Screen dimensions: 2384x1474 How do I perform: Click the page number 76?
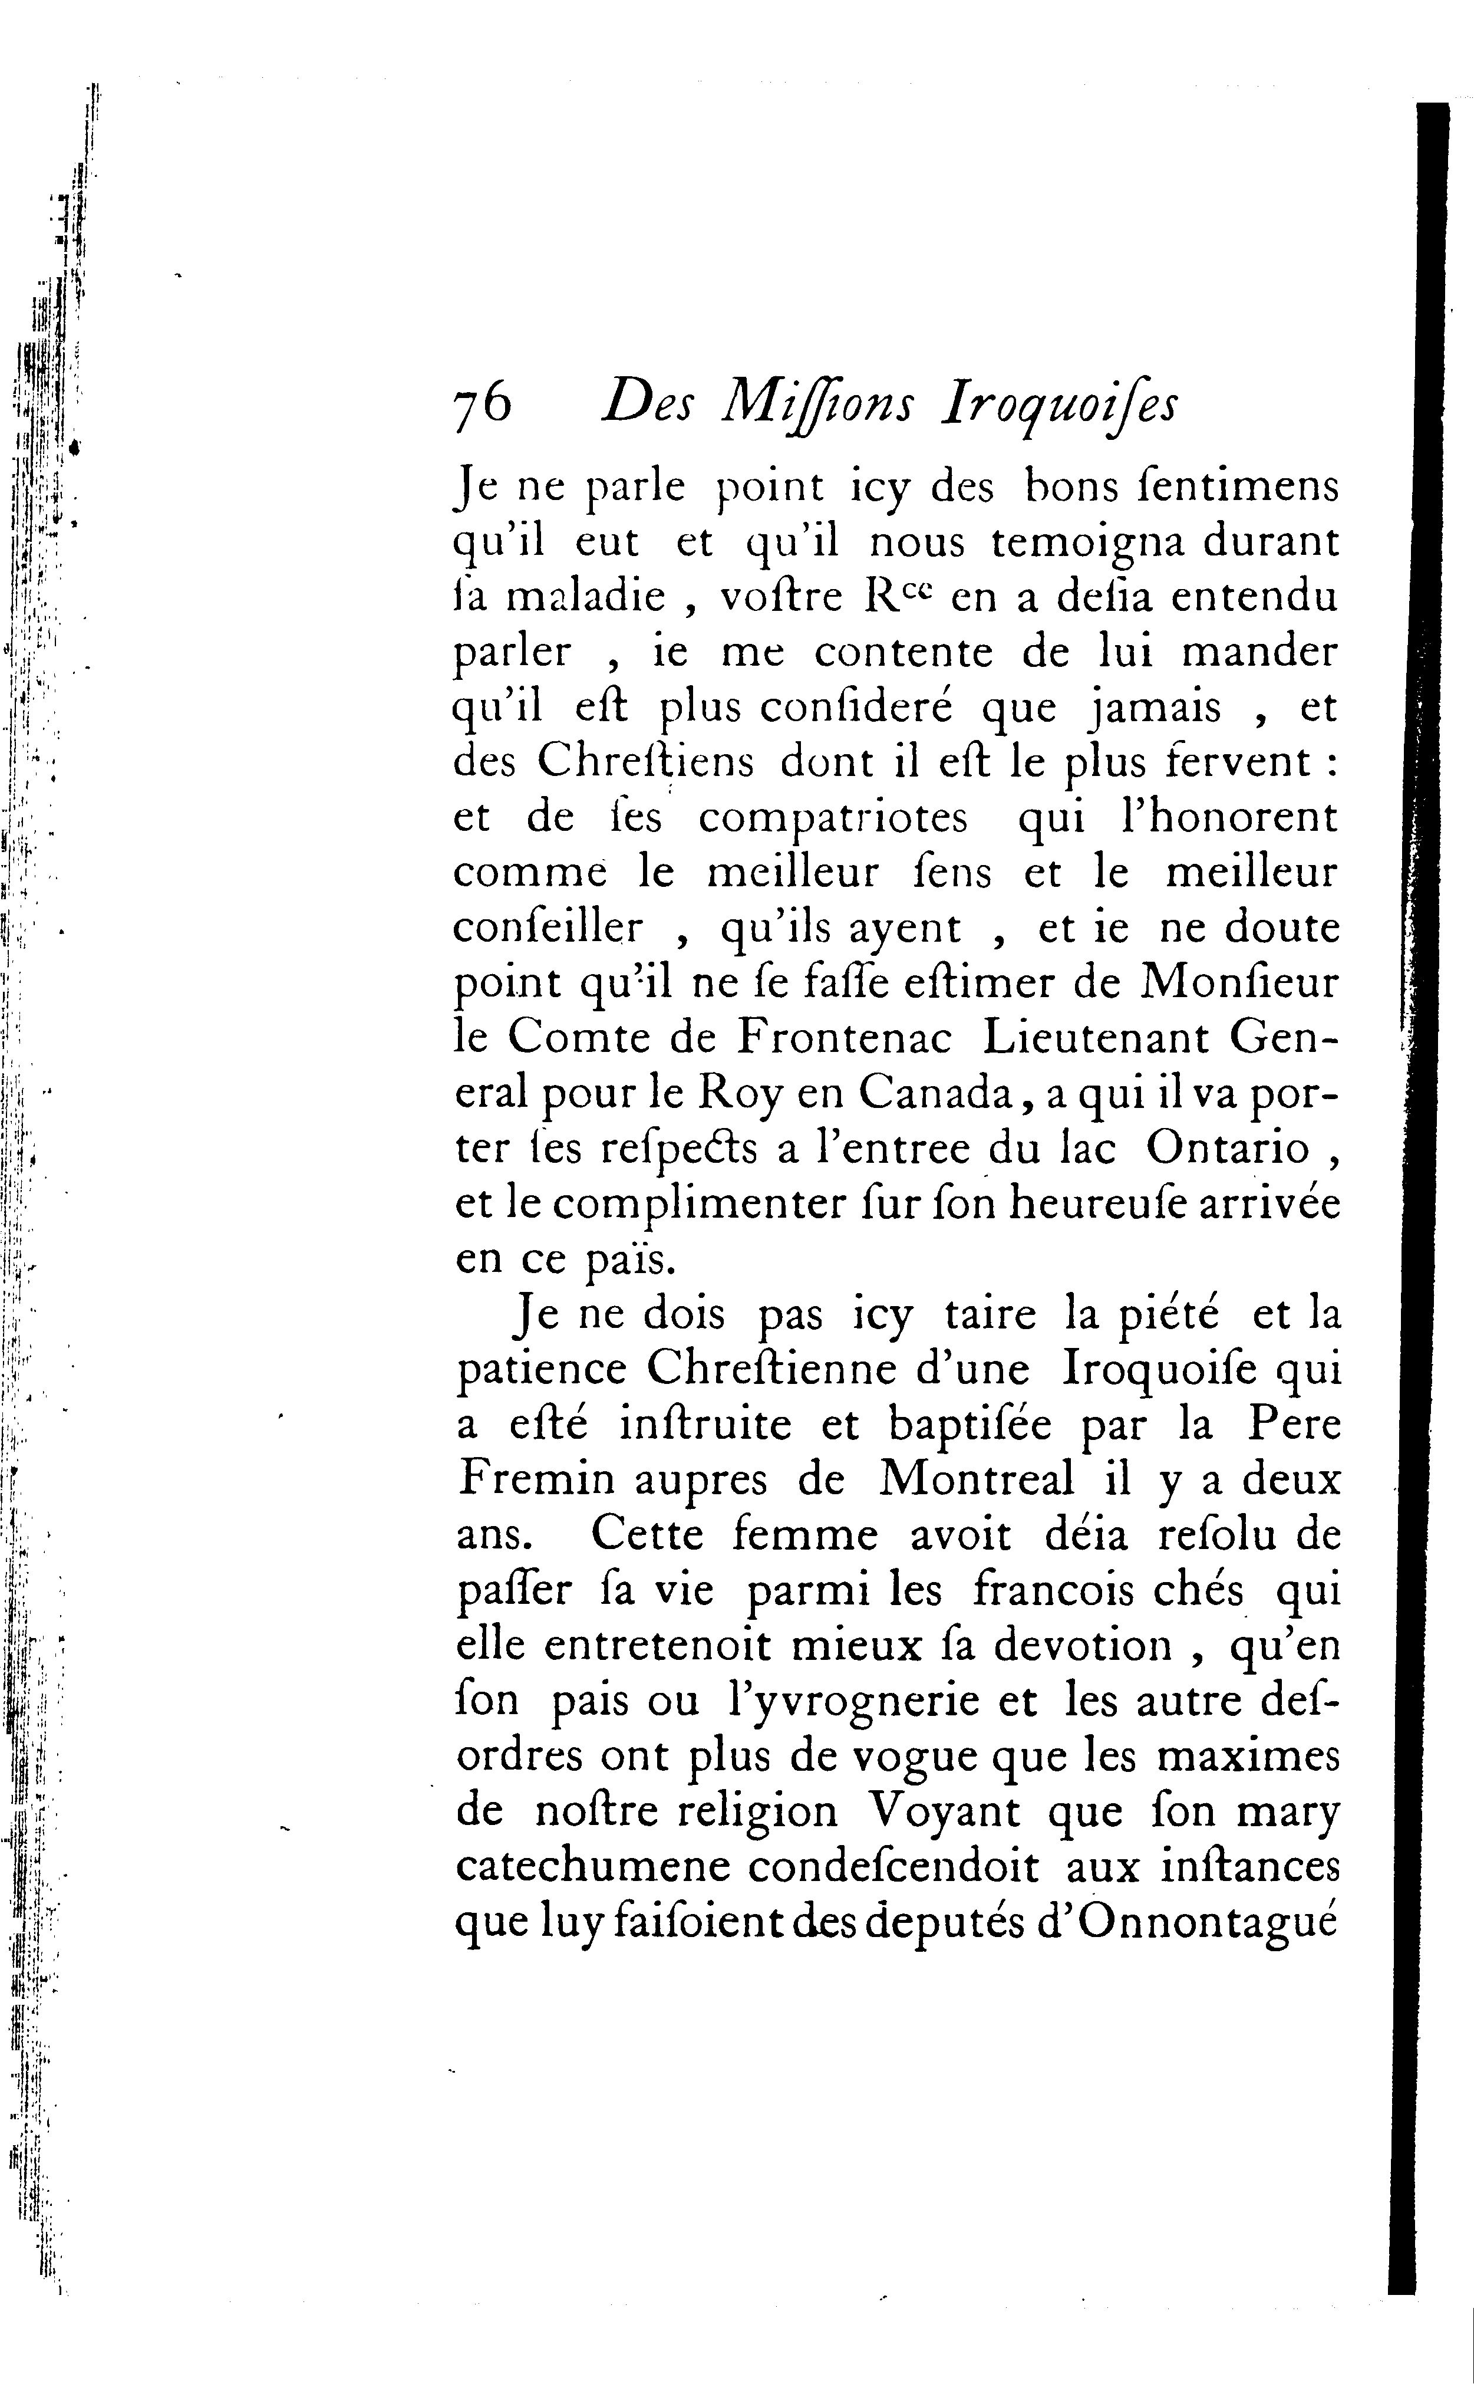483,402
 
